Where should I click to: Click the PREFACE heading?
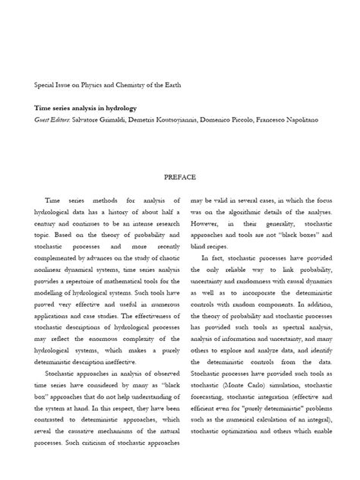(x=180, y=176)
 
